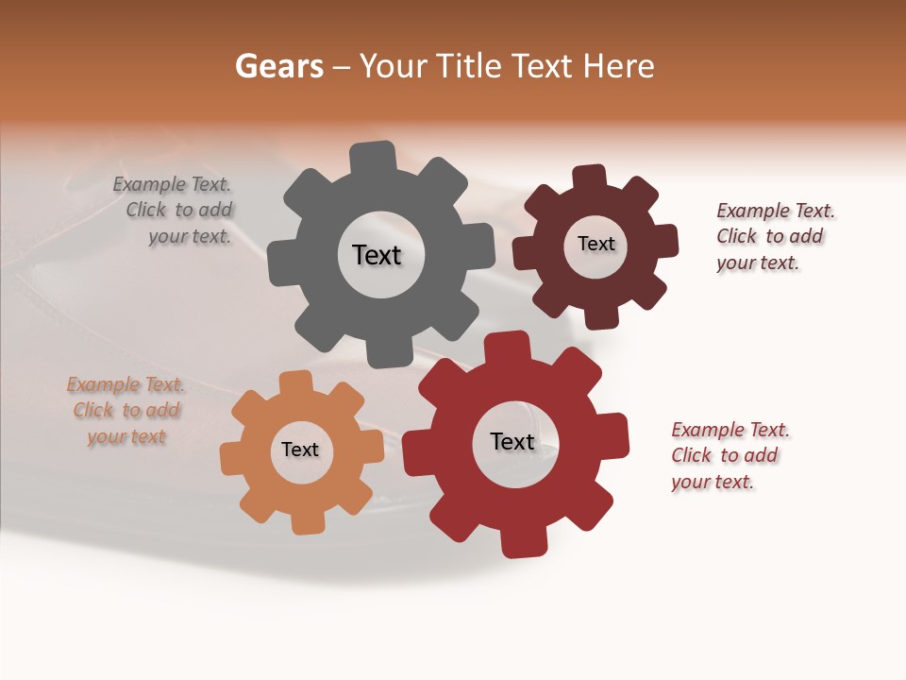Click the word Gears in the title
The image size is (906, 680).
coord(279,66)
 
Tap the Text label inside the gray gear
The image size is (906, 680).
coord(377,255)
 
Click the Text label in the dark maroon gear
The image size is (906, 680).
coord(596,244)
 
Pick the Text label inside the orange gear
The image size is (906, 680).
coord(300,450)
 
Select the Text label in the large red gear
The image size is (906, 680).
coord(512,441)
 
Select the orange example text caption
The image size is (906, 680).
coord(126,411)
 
